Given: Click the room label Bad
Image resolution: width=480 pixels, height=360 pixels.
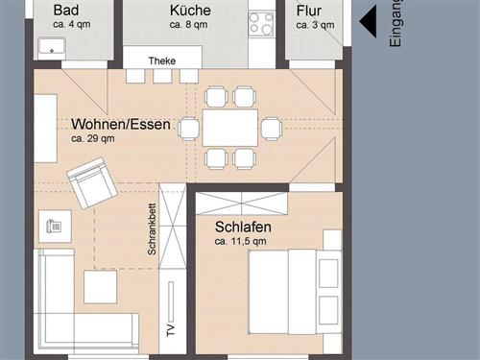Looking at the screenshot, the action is point(66,10).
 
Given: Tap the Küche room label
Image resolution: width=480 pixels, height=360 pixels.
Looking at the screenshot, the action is point(190,11).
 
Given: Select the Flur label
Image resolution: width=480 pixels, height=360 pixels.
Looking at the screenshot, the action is point(308,11).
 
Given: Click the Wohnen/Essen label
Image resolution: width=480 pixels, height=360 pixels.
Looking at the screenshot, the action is point(121,124).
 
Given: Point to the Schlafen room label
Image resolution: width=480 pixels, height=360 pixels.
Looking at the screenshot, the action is point(243,227).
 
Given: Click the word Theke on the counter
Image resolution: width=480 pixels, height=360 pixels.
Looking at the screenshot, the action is point(162,60).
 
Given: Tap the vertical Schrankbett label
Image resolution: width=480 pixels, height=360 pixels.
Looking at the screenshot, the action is point(152,229).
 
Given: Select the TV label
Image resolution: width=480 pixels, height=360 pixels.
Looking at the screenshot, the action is point(171,330).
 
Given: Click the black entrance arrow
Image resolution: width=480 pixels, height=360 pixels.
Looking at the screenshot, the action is point(368,22).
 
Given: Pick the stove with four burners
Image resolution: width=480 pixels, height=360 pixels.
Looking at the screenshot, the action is point(262,24).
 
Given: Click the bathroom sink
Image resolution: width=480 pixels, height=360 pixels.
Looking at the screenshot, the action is point(52,49).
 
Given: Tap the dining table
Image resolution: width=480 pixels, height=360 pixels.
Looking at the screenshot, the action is point(229,128).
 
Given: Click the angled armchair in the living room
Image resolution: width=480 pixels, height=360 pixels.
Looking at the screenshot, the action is point(92,182).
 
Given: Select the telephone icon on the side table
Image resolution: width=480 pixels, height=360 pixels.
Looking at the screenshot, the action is point(54,226).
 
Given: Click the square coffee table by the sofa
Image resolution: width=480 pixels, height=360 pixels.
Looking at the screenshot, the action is point(100,287).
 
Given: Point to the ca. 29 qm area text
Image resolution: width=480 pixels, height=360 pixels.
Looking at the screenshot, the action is point(93,139).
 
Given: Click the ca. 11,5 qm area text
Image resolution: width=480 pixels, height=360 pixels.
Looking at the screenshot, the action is point(240,241).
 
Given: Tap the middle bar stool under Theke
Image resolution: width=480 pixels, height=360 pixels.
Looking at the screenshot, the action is point(162,76).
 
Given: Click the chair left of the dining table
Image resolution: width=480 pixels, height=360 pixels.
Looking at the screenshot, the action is point(189,129).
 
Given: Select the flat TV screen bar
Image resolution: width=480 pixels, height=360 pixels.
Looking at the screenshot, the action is point(171,301).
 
